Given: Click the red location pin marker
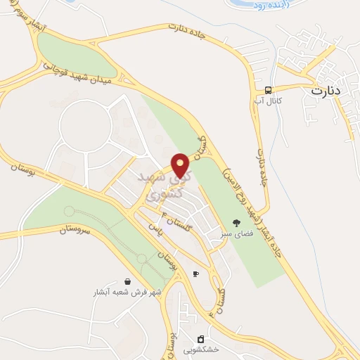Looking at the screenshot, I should coord(181,165).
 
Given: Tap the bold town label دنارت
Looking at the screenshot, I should coord(330,91).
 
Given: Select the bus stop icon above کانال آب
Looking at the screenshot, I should coord(268,89).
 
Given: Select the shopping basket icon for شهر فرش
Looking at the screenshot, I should coord(126,281).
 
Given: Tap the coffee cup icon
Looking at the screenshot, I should coord(195,274).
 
